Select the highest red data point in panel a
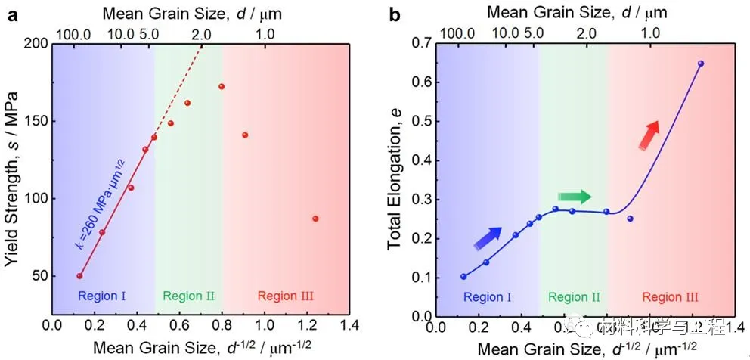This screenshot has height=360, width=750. pyautogui.click(x=222, y=86)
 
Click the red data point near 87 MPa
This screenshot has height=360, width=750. pyautogui.click(x=315, y=219)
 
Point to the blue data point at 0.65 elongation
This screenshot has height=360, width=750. pyautogui.click(x=700, y=64)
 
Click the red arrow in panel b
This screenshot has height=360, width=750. pyautogui.click(x=647, y=135)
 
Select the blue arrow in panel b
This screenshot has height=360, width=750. pyautogui.click(x=488, y=237)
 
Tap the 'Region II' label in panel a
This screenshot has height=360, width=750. pyautogui.click(x=188, y=296)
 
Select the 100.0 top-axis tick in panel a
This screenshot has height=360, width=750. pyautogui.click(x=75, y=33)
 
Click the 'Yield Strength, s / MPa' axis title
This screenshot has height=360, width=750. pyautogui.click(x=12, y=177)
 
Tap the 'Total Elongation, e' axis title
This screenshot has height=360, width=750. pyautogui.click(x=395, y=178)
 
